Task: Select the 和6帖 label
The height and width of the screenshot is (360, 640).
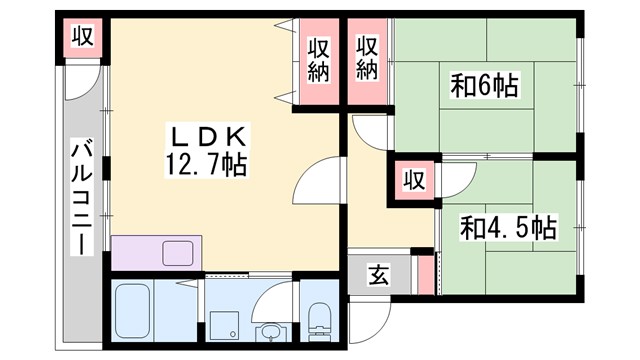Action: (483, 86)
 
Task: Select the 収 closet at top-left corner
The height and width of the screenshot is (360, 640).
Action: (83, 38)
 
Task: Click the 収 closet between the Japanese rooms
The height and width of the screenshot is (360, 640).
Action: (412, 180)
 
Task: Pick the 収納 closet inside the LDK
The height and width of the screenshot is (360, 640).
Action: (319, 58)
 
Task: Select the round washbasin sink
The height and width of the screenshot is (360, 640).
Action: (270, 330)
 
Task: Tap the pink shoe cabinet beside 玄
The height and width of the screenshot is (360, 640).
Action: (427, 274)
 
